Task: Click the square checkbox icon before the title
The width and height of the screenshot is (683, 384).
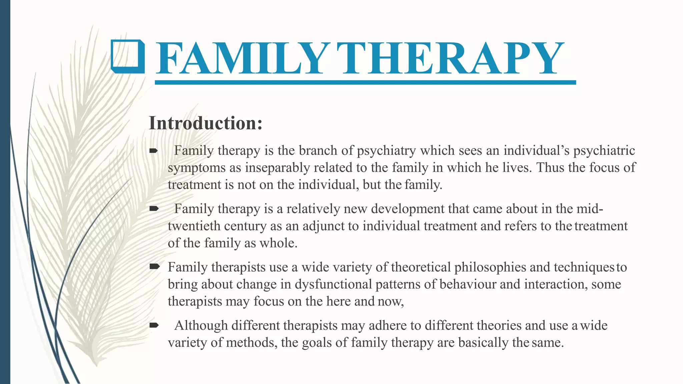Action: [128, 56]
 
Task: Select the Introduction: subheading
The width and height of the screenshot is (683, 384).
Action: [205, 123]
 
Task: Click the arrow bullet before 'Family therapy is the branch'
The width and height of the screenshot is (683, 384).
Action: [153, 151]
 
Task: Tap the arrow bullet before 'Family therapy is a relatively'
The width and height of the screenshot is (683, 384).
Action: [153, 209]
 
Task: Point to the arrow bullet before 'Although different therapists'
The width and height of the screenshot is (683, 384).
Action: [153, 325]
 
